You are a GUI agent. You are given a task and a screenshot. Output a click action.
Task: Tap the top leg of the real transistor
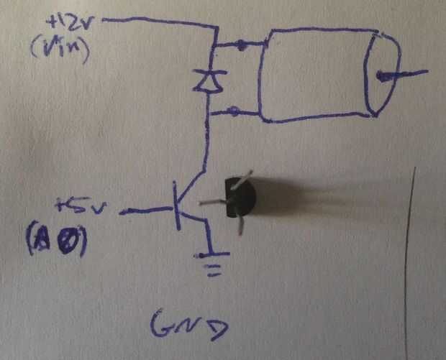245,176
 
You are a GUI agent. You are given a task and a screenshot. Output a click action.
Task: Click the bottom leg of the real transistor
240,226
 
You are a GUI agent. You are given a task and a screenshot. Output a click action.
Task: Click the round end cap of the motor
381,73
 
